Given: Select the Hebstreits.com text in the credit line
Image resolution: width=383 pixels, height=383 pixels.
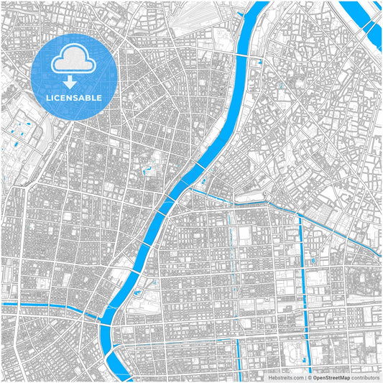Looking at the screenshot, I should pyautogui.click(x=287, y=377).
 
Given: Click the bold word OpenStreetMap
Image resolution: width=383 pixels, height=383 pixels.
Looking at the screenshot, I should pyautogui.click(x=330, y=377).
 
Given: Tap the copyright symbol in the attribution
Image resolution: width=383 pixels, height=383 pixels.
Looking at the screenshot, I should pyautogui.click(x=308, y=377).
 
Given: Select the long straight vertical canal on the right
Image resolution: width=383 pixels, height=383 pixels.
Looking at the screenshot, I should pyautogui.click(x=301, y=280).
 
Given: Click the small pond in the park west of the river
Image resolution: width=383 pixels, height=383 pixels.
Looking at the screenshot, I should pyautogui.click(x=147, y=171).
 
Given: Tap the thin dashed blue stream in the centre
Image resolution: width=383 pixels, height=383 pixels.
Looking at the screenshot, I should pyautogui.click(x=231, y=244).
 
